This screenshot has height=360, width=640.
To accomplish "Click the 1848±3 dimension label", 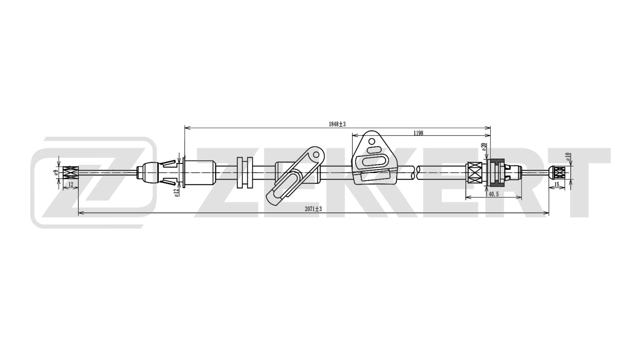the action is click(337, 124).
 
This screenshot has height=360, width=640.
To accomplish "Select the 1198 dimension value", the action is click(418, 133).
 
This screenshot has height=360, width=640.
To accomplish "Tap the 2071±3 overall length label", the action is click(313, 209).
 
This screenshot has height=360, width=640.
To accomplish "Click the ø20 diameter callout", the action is click(484, 147).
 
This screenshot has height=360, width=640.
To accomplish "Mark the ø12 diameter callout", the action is click(177, 192).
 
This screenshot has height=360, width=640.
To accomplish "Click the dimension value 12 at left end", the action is click(71, 184).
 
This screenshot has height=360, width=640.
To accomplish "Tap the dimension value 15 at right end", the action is click(557, 184).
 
